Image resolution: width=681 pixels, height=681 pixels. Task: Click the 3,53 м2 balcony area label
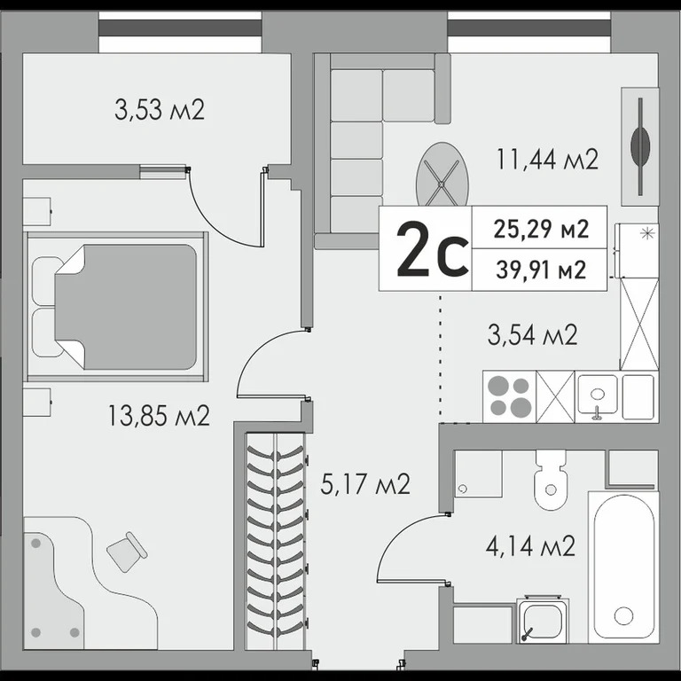pos(160,111)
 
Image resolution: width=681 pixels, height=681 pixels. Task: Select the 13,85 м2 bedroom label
pos(159,414)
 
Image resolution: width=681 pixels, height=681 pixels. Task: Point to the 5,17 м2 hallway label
pos(365,484)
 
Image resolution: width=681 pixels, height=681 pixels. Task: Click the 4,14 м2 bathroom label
pos(530,544)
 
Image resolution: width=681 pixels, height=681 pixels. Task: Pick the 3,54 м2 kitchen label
pos(533,334)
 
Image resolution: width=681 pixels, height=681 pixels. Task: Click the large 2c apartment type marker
pos(432,249)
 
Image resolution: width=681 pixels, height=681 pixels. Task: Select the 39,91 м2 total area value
pos(541,269)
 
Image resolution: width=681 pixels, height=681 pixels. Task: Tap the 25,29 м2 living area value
pos(541,229)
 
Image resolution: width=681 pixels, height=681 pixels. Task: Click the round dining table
pos(442,175)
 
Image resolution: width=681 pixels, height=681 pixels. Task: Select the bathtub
pos(624,566)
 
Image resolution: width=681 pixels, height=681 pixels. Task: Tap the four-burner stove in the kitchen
pos(509,396)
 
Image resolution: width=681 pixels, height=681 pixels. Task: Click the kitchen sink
pos(598,396)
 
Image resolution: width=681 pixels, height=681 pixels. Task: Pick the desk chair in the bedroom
pos(127,552)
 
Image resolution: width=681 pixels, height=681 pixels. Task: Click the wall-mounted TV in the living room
pos(639,144)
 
